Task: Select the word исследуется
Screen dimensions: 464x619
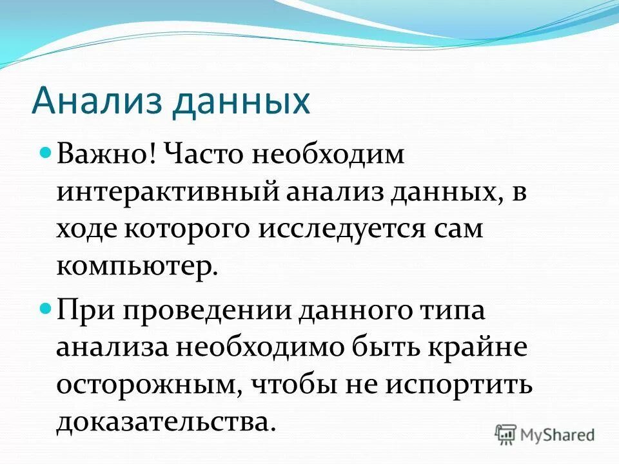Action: [x=335, y=230]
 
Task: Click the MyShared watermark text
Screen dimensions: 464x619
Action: [x=558, y=434]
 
